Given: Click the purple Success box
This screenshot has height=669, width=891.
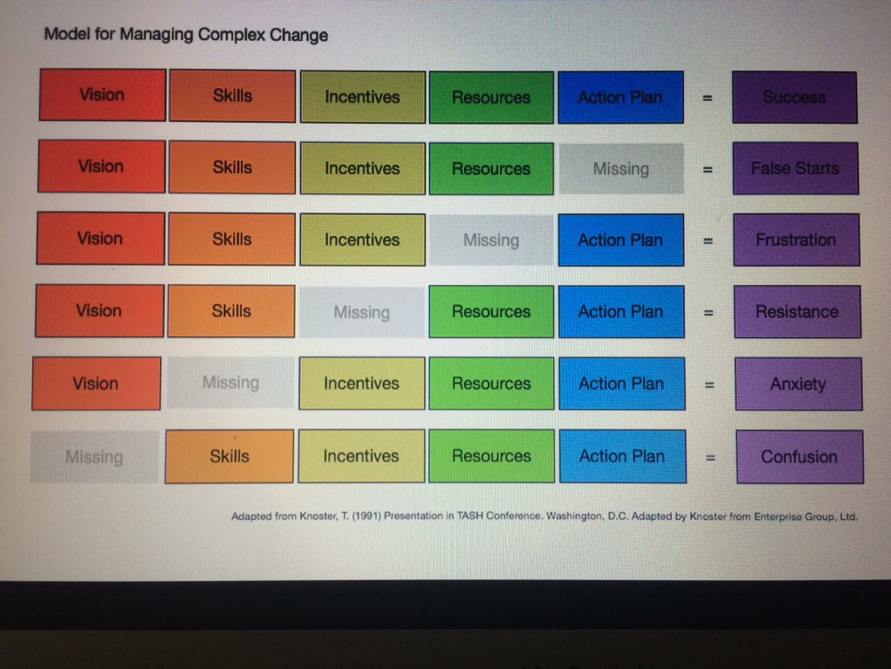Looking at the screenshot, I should point(794,97).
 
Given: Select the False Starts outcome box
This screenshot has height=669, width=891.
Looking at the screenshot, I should point(795,168).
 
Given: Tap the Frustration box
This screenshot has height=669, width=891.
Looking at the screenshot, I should point(796,240).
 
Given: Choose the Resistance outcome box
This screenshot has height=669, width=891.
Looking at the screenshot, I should point(797,311).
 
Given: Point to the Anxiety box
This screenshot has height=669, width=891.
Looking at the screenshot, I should point(798,383).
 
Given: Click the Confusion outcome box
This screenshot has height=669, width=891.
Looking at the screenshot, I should point(799,456).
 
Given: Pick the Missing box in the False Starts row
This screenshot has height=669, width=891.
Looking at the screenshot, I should point(620,168).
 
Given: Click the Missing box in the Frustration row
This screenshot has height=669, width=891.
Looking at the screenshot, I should point(491,240).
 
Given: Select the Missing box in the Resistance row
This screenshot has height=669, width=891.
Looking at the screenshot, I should point(361,312).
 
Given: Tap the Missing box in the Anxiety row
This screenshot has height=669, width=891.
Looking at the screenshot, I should point(231,382).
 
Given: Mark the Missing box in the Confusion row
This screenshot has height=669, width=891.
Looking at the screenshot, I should point(94,456).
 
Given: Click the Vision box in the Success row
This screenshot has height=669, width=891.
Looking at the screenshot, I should point(102,95).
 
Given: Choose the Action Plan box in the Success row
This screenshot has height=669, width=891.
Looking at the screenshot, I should point(620,97).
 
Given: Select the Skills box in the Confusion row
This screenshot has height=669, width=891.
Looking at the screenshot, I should point(230,456).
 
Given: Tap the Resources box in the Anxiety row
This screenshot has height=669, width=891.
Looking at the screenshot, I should point(491,383).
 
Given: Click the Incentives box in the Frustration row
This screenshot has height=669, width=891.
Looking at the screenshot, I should point(362,240).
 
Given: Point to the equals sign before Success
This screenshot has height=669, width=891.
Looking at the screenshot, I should point(707,98).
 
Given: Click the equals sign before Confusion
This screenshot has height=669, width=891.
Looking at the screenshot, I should point(710,456).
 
